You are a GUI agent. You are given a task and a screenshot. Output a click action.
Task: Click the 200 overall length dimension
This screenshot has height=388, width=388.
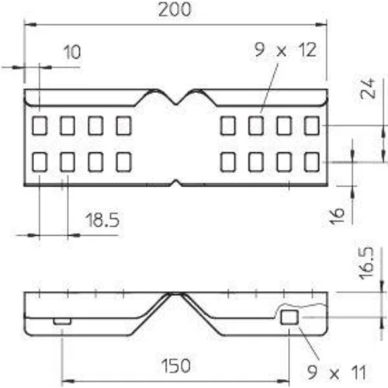175,10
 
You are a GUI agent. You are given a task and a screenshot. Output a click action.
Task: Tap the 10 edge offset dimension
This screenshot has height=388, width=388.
72,52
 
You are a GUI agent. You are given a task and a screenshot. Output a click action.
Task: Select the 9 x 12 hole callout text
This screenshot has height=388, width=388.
286,50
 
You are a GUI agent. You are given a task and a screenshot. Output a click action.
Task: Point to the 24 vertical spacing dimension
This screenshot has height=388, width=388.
368,88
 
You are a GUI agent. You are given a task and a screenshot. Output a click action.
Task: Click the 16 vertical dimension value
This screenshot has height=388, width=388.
337,215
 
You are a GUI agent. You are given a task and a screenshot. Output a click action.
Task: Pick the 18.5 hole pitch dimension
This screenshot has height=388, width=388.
102,220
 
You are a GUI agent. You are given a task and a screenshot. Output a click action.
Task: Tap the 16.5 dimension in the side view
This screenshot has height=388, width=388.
367,263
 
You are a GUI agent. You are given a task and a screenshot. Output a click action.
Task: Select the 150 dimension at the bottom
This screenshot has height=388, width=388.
176,365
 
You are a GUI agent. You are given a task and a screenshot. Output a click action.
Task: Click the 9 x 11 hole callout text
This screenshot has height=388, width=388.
337,372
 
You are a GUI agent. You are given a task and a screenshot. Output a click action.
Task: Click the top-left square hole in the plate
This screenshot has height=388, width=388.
40,126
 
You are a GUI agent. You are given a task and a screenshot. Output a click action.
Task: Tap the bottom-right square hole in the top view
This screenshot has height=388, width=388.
312,162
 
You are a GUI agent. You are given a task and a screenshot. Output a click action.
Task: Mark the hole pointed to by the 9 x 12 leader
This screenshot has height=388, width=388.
256,126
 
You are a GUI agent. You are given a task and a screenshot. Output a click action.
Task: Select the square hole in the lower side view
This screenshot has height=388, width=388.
289,317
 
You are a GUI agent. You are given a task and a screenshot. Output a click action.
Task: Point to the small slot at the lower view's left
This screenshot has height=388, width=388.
62,321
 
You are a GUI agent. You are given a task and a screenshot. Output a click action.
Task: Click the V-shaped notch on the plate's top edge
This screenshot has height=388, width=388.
176,97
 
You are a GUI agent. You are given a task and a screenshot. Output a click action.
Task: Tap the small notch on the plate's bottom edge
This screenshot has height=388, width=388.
176,182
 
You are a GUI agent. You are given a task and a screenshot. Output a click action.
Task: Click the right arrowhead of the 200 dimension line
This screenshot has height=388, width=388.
321,25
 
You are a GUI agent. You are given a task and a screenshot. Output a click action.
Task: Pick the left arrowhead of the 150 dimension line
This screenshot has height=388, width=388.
68,381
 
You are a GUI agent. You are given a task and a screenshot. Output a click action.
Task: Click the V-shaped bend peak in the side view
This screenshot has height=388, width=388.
176,294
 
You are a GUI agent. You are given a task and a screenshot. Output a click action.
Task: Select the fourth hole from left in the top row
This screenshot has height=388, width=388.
124,126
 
